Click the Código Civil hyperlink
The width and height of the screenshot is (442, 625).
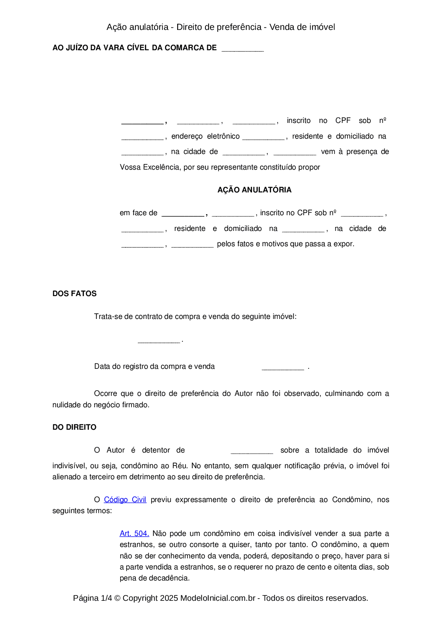125,500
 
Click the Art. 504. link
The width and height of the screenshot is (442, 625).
134,533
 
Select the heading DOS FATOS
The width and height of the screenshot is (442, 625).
74,294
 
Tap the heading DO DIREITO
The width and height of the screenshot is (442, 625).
74,427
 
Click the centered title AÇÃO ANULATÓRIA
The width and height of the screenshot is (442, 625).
254,190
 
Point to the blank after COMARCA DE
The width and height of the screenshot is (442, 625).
242,49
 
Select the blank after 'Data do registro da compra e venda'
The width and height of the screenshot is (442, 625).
283,368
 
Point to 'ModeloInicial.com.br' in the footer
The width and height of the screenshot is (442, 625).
218,598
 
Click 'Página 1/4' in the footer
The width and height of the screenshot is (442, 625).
92,598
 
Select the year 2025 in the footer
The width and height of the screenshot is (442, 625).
169,598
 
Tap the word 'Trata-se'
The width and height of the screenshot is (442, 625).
108,316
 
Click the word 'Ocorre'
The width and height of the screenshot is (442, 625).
106,393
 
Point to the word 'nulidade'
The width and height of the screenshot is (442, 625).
67,405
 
